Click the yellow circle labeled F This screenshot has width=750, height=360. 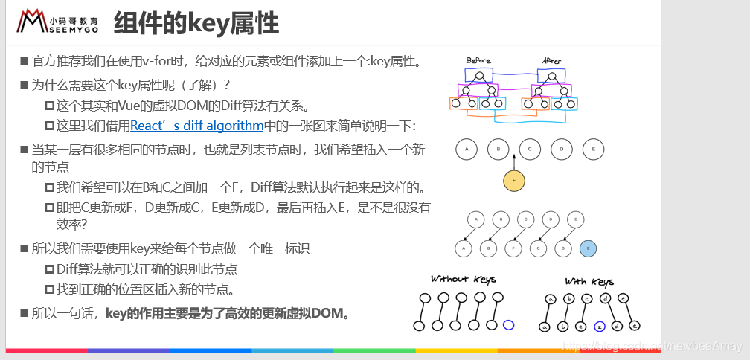pos(513,181)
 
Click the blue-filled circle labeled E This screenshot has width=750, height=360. pos(588,249)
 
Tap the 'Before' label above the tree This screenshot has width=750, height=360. pos(478,60)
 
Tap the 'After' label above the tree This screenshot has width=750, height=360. pos(551,60)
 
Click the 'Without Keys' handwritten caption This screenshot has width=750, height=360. pos(463,279)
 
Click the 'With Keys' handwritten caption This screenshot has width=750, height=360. pos(589,282)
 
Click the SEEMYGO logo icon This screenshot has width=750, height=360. pos(32,22)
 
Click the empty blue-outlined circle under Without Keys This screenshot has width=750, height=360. pos(509,324)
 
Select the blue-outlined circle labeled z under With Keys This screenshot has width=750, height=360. pos(600,326)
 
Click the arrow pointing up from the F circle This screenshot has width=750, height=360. pos(513,162)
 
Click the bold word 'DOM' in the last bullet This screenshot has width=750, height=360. pos(325,312)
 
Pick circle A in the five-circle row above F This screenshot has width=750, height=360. pos(467,150)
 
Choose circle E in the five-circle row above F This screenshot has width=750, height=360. pos(593,150)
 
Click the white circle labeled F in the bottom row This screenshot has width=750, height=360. pos(513,249)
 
